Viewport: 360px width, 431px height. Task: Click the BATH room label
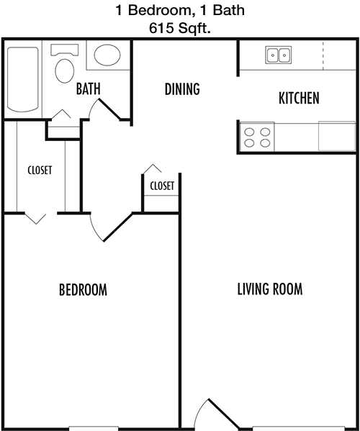tap(88, 89)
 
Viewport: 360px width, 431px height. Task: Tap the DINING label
tap(182, 89)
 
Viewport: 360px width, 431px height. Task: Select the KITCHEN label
tap(299, 98)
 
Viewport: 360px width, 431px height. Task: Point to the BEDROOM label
tap(83, 290)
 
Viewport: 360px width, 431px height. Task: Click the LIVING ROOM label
tap(270, 289)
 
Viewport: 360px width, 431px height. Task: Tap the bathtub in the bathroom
tap(23, 79)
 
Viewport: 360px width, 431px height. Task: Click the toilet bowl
tap(65, 71)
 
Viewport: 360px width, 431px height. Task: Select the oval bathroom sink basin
tap(107, 55)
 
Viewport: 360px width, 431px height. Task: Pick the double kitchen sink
tap(279, 55)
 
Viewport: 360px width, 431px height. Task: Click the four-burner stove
tap(257, 137)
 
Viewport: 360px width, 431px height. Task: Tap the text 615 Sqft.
tap(180, 28)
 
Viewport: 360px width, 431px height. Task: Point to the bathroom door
tap(109, 109)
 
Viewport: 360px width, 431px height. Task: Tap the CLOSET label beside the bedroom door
tap(162, 186)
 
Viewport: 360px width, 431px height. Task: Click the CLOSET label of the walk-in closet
tap(40, 170)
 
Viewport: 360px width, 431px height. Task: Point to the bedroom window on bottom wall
tap(94, 429)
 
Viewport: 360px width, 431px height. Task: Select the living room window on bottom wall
tap(298, 429)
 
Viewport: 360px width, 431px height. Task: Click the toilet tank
tap(64, 50)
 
